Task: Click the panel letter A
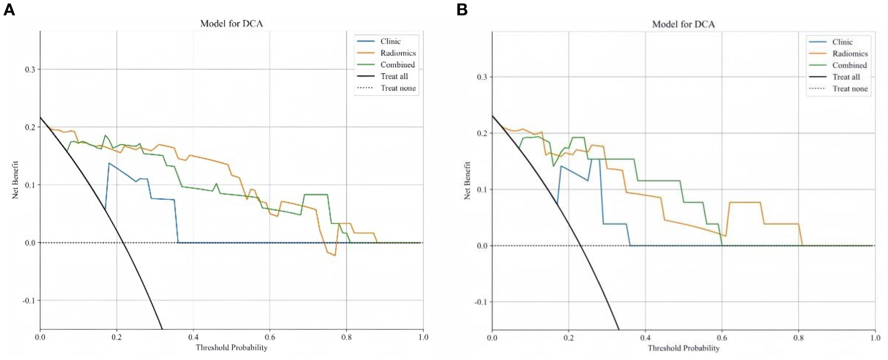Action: (9, 10)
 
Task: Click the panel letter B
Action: (462, 10)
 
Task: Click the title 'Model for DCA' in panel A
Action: (231, 24)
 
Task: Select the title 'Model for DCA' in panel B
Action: (683, 24)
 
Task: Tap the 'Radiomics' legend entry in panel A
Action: (398, 53)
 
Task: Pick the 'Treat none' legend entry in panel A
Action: (398, 88)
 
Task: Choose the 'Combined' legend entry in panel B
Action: (849, 66)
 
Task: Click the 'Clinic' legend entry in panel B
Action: (842, 42)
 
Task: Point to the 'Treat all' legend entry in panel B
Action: (846, 77)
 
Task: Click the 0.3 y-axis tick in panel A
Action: (30, 70)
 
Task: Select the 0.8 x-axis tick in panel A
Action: (346, 337)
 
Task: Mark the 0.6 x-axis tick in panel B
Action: (722, 338)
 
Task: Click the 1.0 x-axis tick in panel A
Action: (423, 337)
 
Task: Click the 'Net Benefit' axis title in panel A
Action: (15, 180)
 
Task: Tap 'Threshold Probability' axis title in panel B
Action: (683, 348)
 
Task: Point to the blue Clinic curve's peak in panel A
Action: (109, 163)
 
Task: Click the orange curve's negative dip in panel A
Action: (335, 255)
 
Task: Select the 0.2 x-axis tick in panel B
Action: (568, 338)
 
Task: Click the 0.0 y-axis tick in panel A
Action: (30, 243)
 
